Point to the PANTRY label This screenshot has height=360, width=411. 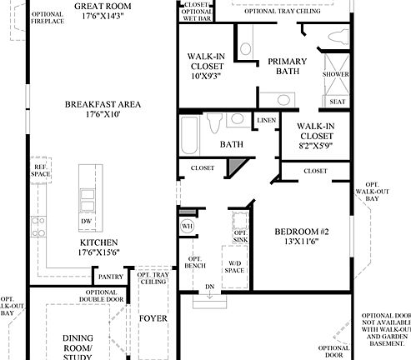tap(111, 277)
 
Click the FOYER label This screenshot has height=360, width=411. tap(153, 317)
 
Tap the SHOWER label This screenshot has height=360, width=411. tap(336, 74)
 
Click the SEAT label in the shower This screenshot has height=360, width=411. tap(337, 102)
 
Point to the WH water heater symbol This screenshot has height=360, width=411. tap(186, 226)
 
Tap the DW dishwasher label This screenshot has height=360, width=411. tap(86, 222)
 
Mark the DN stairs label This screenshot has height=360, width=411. tap(209, 287)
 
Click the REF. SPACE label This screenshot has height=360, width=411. tap(40, 169)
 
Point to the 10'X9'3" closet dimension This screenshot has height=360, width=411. tap(204, 76)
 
